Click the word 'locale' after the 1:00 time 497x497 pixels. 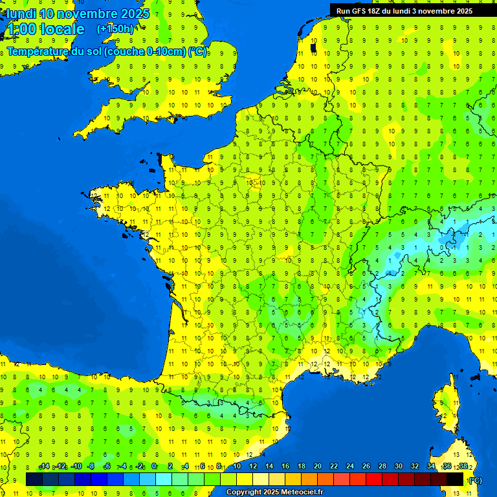[62, 29]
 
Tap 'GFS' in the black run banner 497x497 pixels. [361, 11]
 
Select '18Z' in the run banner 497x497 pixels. [379, 11]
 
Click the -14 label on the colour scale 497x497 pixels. [44, 467]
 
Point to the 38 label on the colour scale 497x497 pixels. [463, 467]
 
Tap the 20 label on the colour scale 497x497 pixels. [318, 467]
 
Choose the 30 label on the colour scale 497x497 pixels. [399, 467]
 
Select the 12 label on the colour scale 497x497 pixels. [253, 467]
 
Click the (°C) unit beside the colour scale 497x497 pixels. [475, 480]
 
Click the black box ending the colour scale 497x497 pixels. [455, 479]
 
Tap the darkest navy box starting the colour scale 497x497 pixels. [34, 479]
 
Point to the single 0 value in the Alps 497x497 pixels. [441, 247]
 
